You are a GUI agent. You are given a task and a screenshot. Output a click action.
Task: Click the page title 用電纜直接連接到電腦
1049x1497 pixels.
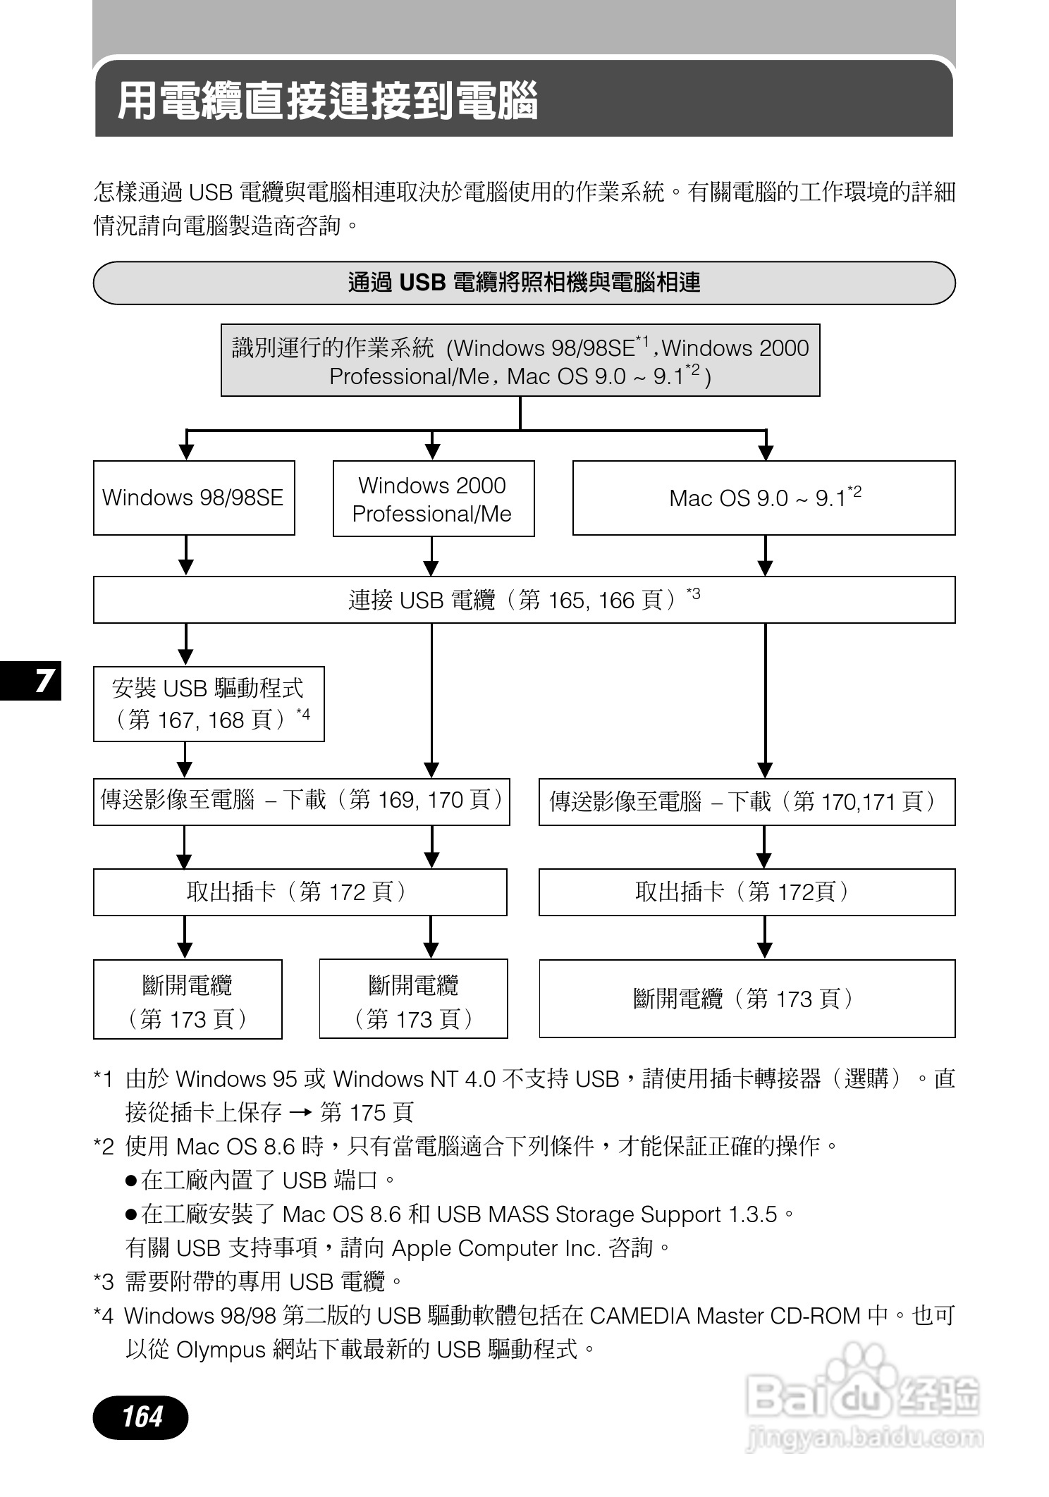(x=328, y=100)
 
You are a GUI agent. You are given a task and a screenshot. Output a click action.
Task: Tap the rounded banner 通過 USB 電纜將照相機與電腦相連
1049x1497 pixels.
(x=524, y=283)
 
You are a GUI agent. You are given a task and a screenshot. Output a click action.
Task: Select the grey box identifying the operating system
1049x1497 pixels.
(x=520, y=360)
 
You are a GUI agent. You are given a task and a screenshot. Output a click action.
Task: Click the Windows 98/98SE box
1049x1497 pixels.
(x=193, y=498)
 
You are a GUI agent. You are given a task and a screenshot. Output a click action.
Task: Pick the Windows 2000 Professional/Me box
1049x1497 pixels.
(x=433, y=499)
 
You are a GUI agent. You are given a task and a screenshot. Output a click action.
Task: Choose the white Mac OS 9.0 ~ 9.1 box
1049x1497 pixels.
(x=763, y=498)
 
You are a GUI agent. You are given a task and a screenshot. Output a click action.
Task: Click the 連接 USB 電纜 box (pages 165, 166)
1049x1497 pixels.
(x=524, y=600)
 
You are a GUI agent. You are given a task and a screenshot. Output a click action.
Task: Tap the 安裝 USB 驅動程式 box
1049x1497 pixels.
(x=209, y=703)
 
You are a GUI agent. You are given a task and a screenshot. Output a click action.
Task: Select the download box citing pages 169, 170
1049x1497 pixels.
(x=301, y=801)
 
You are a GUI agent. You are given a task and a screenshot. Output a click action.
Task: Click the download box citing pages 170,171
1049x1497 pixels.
(x=747, y=801)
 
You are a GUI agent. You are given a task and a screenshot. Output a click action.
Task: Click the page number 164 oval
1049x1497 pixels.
(x=141, y=1416)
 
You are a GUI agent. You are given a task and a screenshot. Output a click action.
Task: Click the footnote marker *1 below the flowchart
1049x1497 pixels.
(x=103, y=1079)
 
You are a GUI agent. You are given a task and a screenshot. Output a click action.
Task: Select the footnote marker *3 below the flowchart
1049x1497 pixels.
(x=103, y=1281)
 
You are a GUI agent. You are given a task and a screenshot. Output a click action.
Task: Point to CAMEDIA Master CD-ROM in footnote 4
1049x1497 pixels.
(x=725, y=1316)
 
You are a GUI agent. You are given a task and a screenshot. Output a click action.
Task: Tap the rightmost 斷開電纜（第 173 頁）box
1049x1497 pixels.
(x=747, y=998)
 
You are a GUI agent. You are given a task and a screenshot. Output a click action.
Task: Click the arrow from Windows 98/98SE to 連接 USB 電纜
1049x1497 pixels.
(x=186, y=556)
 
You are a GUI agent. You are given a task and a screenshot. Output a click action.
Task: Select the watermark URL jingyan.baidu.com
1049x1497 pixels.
(x=864, y=1436)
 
